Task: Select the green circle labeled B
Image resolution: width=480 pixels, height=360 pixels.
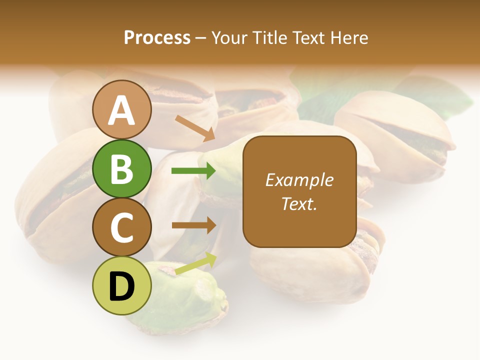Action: (121, 168)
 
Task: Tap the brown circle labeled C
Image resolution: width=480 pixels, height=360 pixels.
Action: (121, 227)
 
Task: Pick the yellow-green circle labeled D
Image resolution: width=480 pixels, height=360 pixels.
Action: (121, 285)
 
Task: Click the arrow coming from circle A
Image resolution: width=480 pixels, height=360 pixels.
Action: (195, 128)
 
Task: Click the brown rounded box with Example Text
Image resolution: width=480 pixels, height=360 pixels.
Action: (299, 191)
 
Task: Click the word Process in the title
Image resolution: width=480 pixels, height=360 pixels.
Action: (157, 37)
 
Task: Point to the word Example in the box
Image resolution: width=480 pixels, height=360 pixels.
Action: (299, 180)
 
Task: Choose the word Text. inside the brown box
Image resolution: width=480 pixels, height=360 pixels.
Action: (299, 203)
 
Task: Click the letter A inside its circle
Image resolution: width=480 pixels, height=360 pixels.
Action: (121, 110)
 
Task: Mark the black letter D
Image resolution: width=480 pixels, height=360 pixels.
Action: (121, 286)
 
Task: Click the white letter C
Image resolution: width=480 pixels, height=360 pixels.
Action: (121, 228)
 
